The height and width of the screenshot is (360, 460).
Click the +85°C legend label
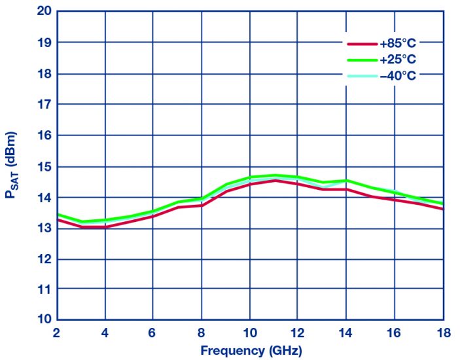(x=397, y=43)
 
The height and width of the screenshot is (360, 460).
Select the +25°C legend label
(x=397, y=60)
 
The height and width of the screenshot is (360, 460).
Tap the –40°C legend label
(x=397, y=75)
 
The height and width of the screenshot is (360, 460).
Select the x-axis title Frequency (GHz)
(x=251, y=350)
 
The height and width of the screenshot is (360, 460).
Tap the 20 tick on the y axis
(x=44, y=11)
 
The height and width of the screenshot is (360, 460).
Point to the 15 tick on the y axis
(x=44, y=166)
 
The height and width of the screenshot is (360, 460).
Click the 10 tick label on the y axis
(x=44, y=320)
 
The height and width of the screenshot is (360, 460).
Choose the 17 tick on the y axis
(x=44, y=104)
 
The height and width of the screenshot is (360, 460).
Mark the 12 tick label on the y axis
(x=44, y=259)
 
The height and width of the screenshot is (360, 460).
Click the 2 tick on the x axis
(x=57, y=332)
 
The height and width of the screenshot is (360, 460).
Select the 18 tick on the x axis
(x=443, y=332)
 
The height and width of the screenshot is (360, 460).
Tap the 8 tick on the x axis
(x=202, y=332)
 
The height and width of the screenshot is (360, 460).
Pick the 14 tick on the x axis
(x=346, y=332)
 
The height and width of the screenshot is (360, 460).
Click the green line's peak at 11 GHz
(x=274, y=175)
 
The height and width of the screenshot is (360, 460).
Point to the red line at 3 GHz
(x=81, y=226)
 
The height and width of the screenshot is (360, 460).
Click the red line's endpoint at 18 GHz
(x=443, y=209)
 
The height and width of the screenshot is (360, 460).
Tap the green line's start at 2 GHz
(x=58, y=214)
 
